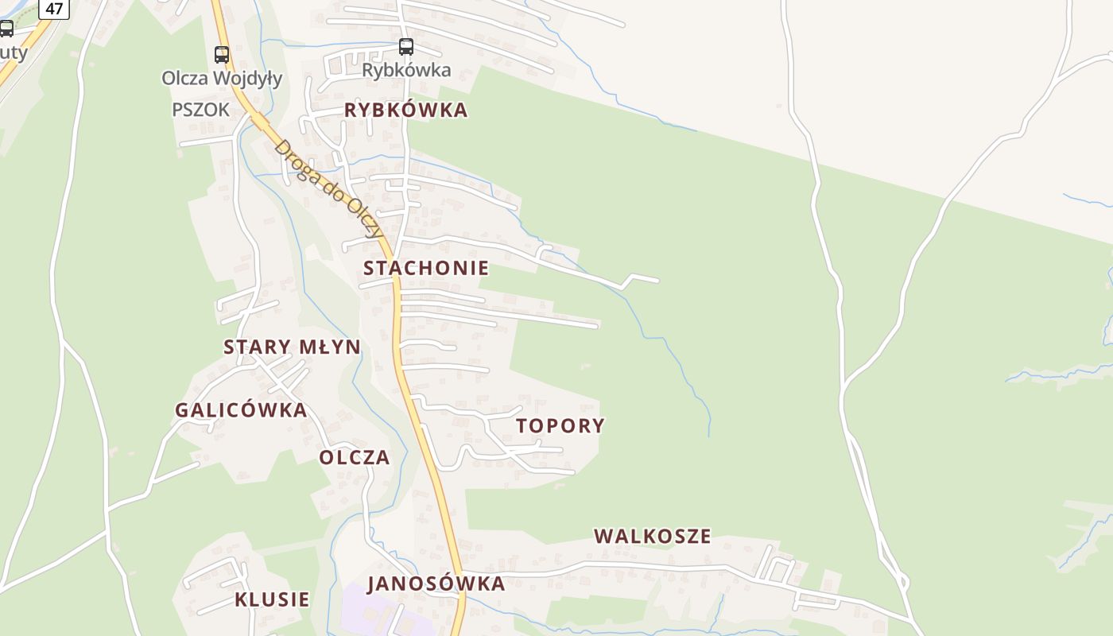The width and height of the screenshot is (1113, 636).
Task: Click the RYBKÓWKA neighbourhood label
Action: click(405, 111)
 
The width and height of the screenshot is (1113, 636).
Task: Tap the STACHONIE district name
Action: click(425, 268)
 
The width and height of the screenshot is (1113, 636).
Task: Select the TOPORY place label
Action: click(560, 425)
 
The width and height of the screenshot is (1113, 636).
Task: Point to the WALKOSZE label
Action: click(652, 536)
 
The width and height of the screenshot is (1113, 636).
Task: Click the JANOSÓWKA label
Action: click(436, 584)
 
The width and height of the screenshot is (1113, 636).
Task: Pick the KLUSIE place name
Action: click(272, 599)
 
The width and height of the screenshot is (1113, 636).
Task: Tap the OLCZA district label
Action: click(355, 457)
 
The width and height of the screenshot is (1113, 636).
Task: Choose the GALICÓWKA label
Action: click(241, 410)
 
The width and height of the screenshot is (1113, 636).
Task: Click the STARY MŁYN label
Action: click(292, 347)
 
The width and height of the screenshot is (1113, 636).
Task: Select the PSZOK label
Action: click(200, 110)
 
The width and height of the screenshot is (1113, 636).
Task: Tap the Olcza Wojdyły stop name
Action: click(222, 78)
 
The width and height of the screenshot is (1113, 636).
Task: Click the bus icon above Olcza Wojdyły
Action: click(222, 54)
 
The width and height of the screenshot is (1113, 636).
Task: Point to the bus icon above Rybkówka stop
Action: click(406, 46)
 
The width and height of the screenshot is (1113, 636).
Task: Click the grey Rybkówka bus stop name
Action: click(406, 70)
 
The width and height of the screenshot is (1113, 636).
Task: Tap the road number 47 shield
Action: click(54, 9)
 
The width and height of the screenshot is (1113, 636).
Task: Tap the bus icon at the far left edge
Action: click(6, 29)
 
